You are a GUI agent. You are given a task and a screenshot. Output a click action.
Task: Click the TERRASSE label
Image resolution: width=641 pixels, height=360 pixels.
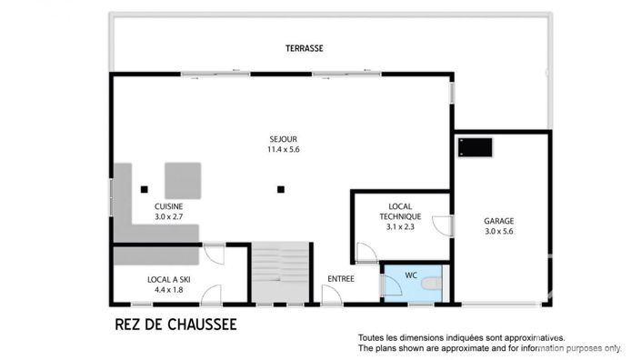pos(304,48)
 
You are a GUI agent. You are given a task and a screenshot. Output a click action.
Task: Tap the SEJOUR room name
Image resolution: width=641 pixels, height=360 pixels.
pos(282,138)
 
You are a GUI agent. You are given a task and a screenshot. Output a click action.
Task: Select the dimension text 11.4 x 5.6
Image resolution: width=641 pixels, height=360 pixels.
pos(282,149)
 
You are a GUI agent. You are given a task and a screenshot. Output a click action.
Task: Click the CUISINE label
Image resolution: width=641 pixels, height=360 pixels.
pos(168,206)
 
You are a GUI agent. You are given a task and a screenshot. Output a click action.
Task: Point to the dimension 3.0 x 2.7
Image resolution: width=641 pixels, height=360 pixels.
pos(168,217)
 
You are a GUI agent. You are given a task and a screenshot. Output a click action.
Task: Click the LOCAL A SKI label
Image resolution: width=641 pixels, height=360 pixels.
pos(169,279)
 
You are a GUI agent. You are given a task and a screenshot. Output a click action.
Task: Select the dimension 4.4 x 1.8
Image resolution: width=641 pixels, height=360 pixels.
pos(169,290)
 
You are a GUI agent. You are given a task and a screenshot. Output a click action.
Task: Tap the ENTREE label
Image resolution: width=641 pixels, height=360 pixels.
pos(340,279)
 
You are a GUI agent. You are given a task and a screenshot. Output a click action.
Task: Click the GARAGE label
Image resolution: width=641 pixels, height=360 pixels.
pos(498,221)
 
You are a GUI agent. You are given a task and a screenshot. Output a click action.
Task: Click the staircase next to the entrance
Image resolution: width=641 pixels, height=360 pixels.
pos(281,272)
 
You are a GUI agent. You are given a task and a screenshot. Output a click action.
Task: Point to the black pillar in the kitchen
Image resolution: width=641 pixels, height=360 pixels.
pos(144,189)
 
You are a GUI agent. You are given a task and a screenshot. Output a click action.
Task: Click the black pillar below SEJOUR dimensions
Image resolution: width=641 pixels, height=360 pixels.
pos(282,189)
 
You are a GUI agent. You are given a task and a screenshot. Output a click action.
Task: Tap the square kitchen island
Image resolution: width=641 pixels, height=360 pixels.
pos(182,179)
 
